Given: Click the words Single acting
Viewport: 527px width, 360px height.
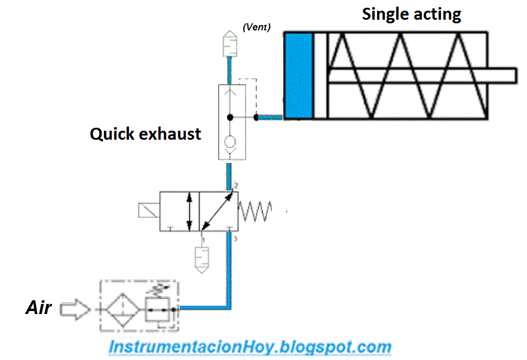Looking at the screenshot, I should tap(411, 14).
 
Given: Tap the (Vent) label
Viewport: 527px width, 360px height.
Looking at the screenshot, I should tap(256, 27).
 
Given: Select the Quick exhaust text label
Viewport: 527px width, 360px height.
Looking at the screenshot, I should tap(145, 134).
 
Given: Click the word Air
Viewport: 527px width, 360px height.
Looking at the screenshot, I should tap(38, 308).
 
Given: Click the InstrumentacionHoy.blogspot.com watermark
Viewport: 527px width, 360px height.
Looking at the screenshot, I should tap(250, 347).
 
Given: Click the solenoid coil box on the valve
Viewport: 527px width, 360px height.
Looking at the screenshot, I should tap(147, 211).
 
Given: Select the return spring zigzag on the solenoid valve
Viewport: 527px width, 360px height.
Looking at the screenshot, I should tap(256, 211).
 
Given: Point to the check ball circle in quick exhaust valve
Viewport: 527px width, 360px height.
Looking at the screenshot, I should tap(229, 142).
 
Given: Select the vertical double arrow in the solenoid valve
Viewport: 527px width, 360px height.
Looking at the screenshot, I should tap(189, 211).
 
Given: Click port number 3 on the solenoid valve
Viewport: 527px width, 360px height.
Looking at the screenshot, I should tap(236, 239).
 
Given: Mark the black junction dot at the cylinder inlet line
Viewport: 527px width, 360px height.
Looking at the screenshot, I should tap(256, 116).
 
